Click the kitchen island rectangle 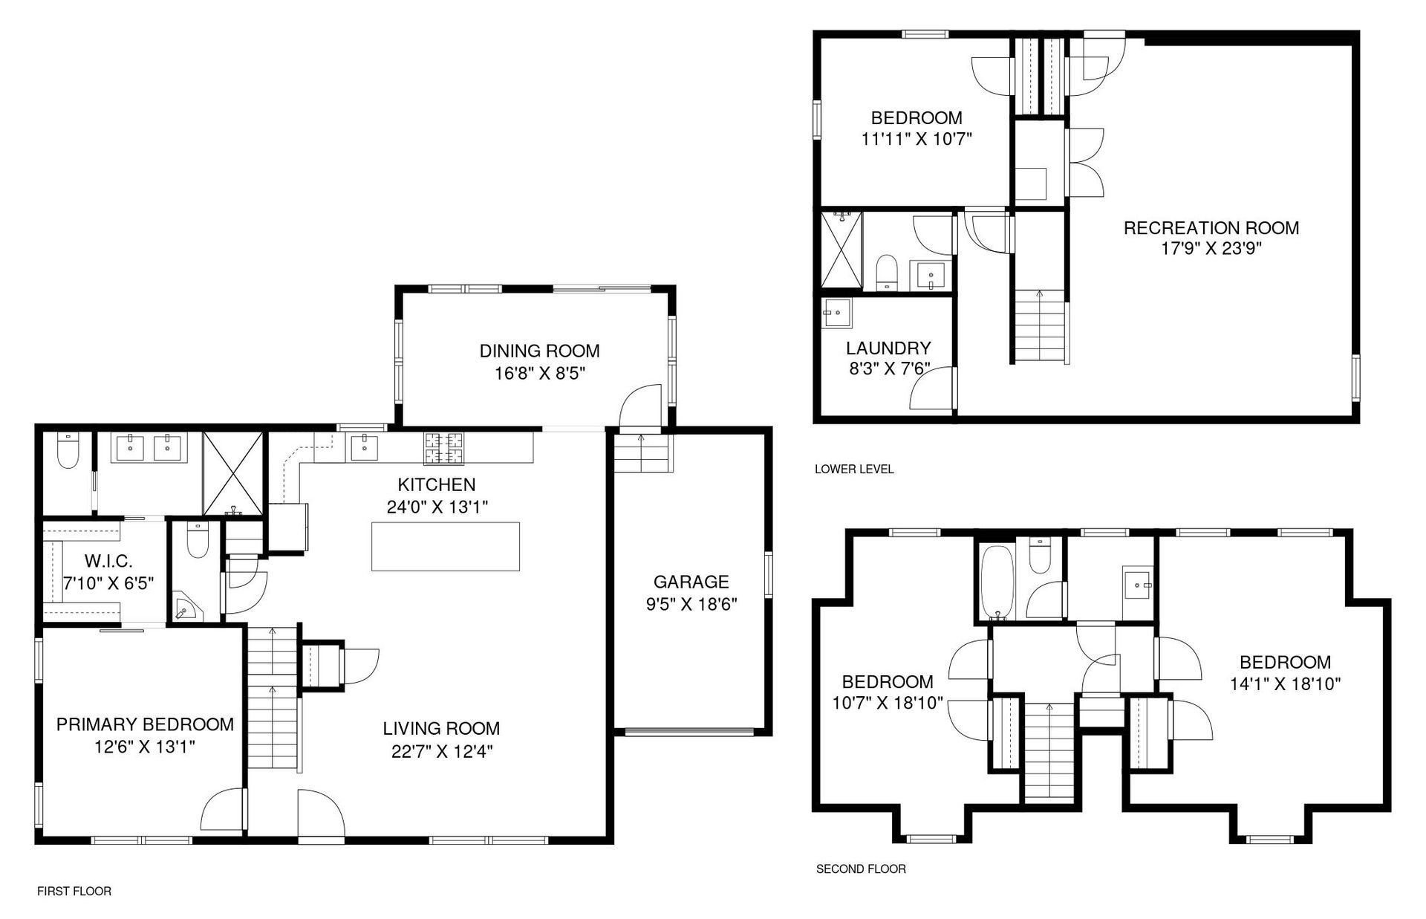pyautogui.click(x=445, y=546)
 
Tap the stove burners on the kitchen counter pyautogui.click(x=443, y=447)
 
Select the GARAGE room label pyautogui.click(x=691, y=582)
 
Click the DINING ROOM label pyautogui.click(x=539, y=351)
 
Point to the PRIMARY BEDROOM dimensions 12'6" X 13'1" pyautogui.click(x=145, y=746)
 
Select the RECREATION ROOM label pyautogui.click(x=1211, y=228)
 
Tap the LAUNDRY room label pyautogui.click(x=888, y=348)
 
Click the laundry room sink pyautogui.click(x=838, y=312)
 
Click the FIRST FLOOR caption pyautogui.click(x=74, y=891)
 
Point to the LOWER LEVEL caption pyautogui.click(x=854, y=469)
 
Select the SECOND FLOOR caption pyautogui.click(x=861, y=868)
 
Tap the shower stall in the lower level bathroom pyautogui.click(x=842, y=250)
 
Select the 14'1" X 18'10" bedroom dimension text pyautogui.click(x=1285, y=683)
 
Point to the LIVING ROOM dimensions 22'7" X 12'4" pyautogui.click(x=442, y=751)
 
